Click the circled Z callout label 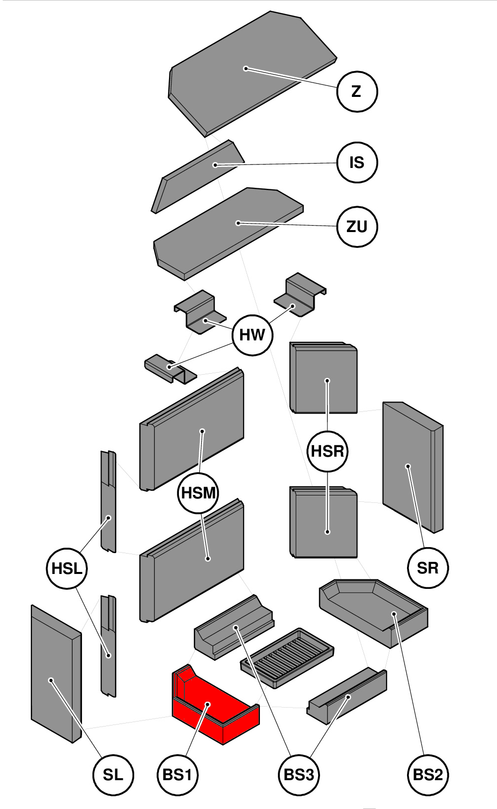357,91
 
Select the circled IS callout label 357,162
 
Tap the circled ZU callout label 357,227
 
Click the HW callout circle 252,335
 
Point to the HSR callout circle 328,451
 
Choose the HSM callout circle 198,493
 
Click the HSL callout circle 67,568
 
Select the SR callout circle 427,567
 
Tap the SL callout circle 113,775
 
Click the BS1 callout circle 177,775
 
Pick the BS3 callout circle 298,775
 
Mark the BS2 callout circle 427,775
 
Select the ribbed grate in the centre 287,657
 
